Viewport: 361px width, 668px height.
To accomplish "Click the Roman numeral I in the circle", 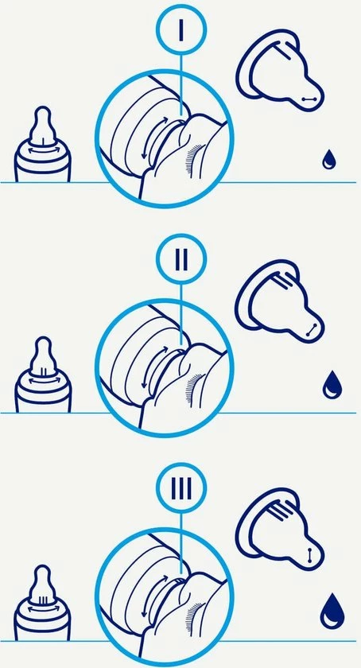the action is point(181,30).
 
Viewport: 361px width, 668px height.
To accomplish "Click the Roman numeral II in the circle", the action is point(181,259).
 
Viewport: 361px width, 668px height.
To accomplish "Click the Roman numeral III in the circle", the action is point(181,488).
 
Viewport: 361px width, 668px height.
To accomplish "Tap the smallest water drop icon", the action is point(328,159).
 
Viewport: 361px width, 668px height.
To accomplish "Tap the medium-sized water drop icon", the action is point(331,385).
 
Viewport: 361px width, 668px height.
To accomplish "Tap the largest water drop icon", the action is point(332,612).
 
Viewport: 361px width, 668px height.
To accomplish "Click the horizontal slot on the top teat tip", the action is point(309,99).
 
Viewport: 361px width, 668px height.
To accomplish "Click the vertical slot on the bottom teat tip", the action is point(309,555).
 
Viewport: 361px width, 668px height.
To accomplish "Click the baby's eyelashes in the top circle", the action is point(193,158).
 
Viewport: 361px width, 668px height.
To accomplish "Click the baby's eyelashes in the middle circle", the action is point(193,389).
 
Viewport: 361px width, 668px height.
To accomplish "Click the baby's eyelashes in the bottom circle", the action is point(193,617).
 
